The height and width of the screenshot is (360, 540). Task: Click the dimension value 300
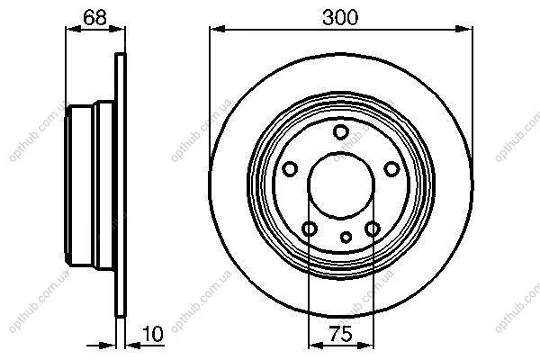340,17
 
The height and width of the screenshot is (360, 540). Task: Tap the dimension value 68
95,17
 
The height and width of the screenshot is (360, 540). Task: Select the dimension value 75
340,334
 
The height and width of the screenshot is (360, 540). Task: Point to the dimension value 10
153,334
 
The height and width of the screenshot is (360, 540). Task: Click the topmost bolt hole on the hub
341,132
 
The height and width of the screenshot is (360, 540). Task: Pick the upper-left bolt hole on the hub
290,169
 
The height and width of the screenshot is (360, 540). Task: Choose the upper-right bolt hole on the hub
391,169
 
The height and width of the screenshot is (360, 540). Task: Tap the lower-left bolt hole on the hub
310,229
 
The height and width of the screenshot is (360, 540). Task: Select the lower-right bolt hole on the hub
373,229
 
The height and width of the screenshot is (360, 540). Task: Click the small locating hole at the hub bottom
346,237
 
